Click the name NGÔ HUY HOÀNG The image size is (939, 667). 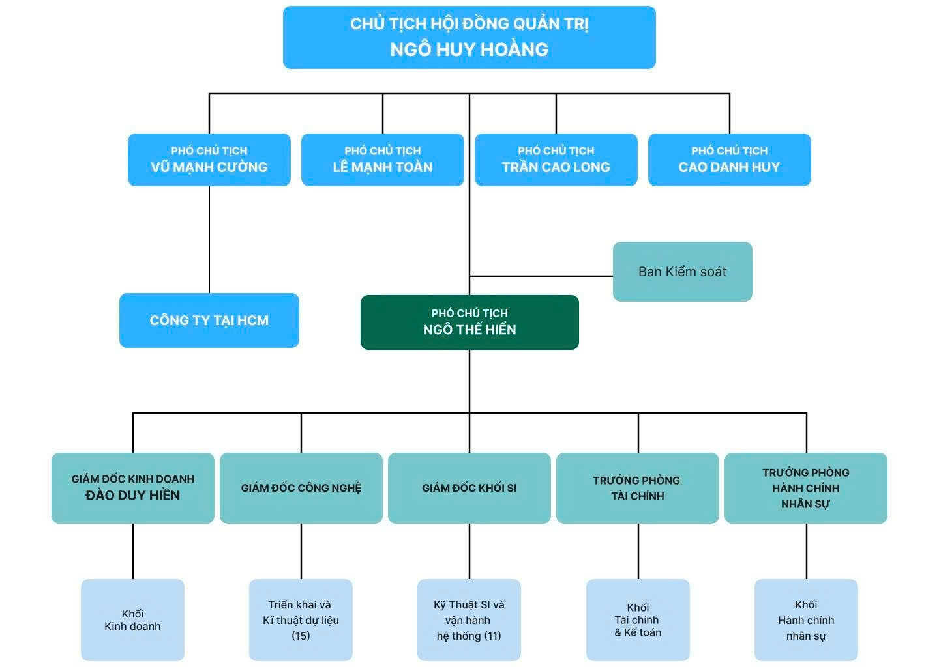coord(469,50)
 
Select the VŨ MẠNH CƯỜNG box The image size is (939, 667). coord(209,160)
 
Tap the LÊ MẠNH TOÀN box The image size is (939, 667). coord(383,160)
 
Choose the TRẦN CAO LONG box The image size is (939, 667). coord(556,160)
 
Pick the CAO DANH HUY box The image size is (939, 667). coord(729,160)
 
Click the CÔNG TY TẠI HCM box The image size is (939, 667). coord(209,320)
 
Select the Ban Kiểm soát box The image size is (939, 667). coord(682,272)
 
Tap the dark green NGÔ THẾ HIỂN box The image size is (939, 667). coord(469,322)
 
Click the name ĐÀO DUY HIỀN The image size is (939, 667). coord(133,496)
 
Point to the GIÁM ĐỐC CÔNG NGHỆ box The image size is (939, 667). coord(301,488)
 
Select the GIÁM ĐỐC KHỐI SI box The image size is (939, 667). coord(469,488)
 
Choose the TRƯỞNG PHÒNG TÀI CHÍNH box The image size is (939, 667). coord(637,488)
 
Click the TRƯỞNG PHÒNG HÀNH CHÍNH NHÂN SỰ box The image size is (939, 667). coord(806,488)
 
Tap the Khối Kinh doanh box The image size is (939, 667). coord(133,620)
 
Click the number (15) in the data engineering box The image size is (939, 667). coord(301,636)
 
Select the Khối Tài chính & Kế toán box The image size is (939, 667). coord(638,620)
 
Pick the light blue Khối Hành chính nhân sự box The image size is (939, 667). coord(806,620)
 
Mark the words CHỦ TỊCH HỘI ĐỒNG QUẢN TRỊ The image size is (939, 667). coord(469,24)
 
